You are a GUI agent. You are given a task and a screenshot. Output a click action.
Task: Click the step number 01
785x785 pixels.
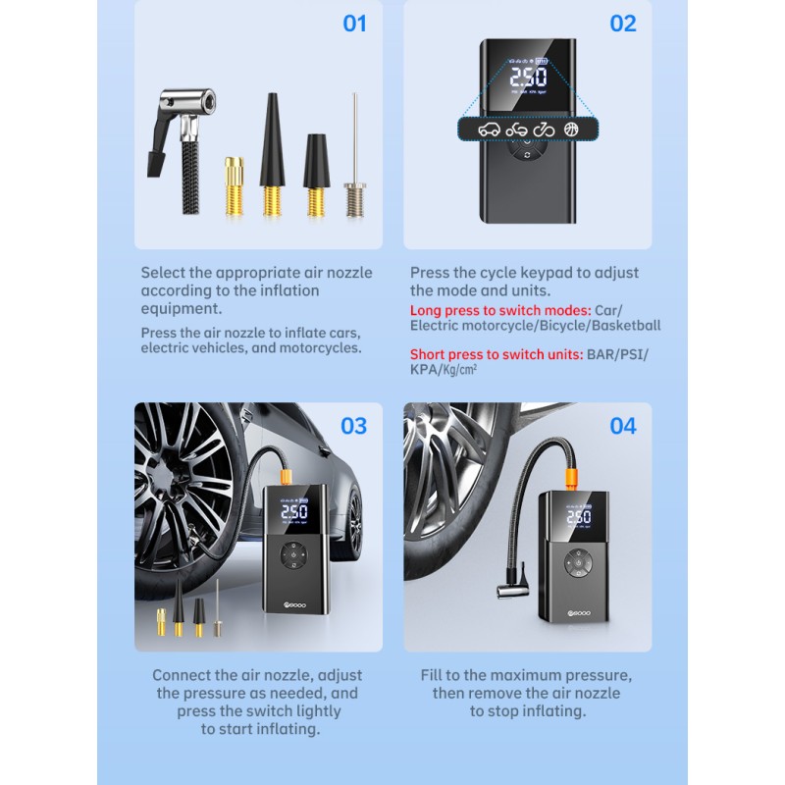click(x=354, y=24)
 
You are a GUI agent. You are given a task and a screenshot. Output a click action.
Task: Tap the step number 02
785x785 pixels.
click(x=623, y=24)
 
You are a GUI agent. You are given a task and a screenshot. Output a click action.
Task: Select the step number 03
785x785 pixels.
click(x=353, y=426)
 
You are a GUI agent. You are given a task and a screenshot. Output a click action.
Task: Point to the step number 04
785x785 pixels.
click(x=623, y=426)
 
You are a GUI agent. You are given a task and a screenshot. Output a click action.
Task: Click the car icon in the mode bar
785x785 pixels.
click(x=489, y=130)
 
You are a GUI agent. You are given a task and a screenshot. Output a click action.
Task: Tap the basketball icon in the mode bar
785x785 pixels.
click(x=571, y=130)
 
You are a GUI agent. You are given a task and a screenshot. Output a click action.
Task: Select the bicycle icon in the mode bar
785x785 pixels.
click(x=544, y=130)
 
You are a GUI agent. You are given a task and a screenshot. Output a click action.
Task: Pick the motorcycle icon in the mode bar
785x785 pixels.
click(x=516, y=131)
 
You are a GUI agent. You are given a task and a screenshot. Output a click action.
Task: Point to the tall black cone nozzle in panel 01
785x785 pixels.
click(x=272, y=154)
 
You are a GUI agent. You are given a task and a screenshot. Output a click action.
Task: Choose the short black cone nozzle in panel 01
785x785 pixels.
click(x=316, y=175)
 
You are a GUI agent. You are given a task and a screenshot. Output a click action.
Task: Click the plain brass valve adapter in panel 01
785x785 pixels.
click(x=234, y=186)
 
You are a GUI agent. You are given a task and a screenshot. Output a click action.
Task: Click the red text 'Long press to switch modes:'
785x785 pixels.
click(x=500, y=310)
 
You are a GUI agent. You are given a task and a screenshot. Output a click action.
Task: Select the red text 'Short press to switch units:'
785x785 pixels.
click(x=497, y=354)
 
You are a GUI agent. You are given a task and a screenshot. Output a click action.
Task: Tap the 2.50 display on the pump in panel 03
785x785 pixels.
click(x=293, y=511)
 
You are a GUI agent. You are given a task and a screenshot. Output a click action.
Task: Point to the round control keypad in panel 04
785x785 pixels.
click(x=578, y=562)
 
